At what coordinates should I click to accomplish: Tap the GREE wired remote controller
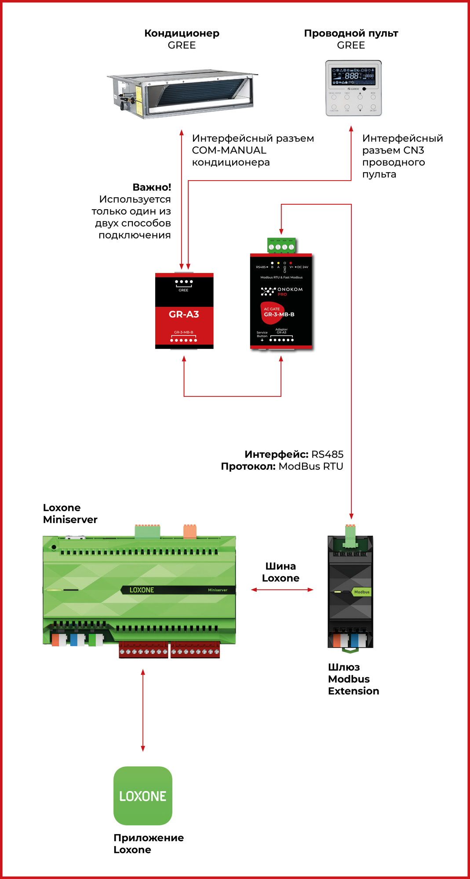353,88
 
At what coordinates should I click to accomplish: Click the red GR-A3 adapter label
184,315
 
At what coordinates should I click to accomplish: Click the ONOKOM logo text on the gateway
290,290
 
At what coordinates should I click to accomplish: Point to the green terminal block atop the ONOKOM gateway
281,246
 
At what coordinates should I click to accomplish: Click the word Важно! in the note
152,187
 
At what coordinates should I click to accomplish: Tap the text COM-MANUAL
229,150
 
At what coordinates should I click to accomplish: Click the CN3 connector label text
414,150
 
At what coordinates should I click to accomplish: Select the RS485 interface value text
327,454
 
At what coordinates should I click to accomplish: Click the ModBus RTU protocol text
311,466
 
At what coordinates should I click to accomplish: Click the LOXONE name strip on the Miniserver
142,590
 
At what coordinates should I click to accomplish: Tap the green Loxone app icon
143,795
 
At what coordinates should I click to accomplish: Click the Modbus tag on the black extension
361,592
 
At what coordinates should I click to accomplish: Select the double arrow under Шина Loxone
282,590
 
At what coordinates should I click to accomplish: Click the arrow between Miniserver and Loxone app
143,710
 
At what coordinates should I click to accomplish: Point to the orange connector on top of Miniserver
189,531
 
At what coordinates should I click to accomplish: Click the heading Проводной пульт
351,33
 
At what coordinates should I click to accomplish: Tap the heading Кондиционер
182,33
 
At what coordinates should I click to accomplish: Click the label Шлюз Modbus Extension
353,679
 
